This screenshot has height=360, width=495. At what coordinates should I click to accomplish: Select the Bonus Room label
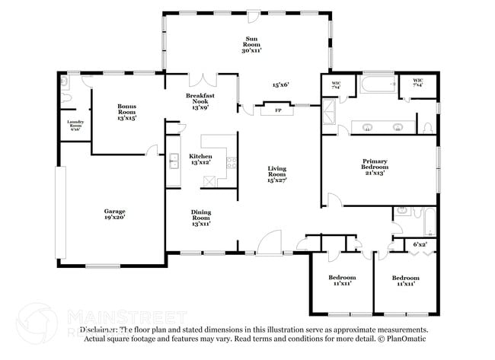(x=126, y=107)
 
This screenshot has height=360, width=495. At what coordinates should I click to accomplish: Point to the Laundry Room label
(x=75, y=123)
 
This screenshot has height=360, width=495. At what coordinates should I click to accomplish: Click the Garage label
(x=115, y=211)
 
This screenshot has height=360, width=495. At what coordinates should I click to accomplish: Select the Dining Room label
(x=200, y=215)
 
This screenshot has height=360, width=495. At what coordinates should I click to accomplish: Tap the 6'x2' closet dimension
(x=420, y=244)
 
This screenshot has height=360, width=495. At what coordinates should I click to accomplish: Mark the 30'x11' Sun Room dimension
(x=252, y=50)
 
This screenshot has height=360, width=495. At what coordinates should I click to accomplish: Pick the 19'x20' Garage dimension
(x=115, y=218)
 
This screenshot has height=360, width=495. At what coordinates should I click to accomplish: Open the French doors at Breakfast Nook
(x=203, y=79)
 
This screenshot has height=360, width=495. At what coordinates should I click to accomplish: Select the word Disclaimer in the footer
(x=99, y=330)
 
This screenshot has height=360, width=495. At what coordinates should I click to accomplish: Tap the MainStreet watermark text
(x=126, y=315)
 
